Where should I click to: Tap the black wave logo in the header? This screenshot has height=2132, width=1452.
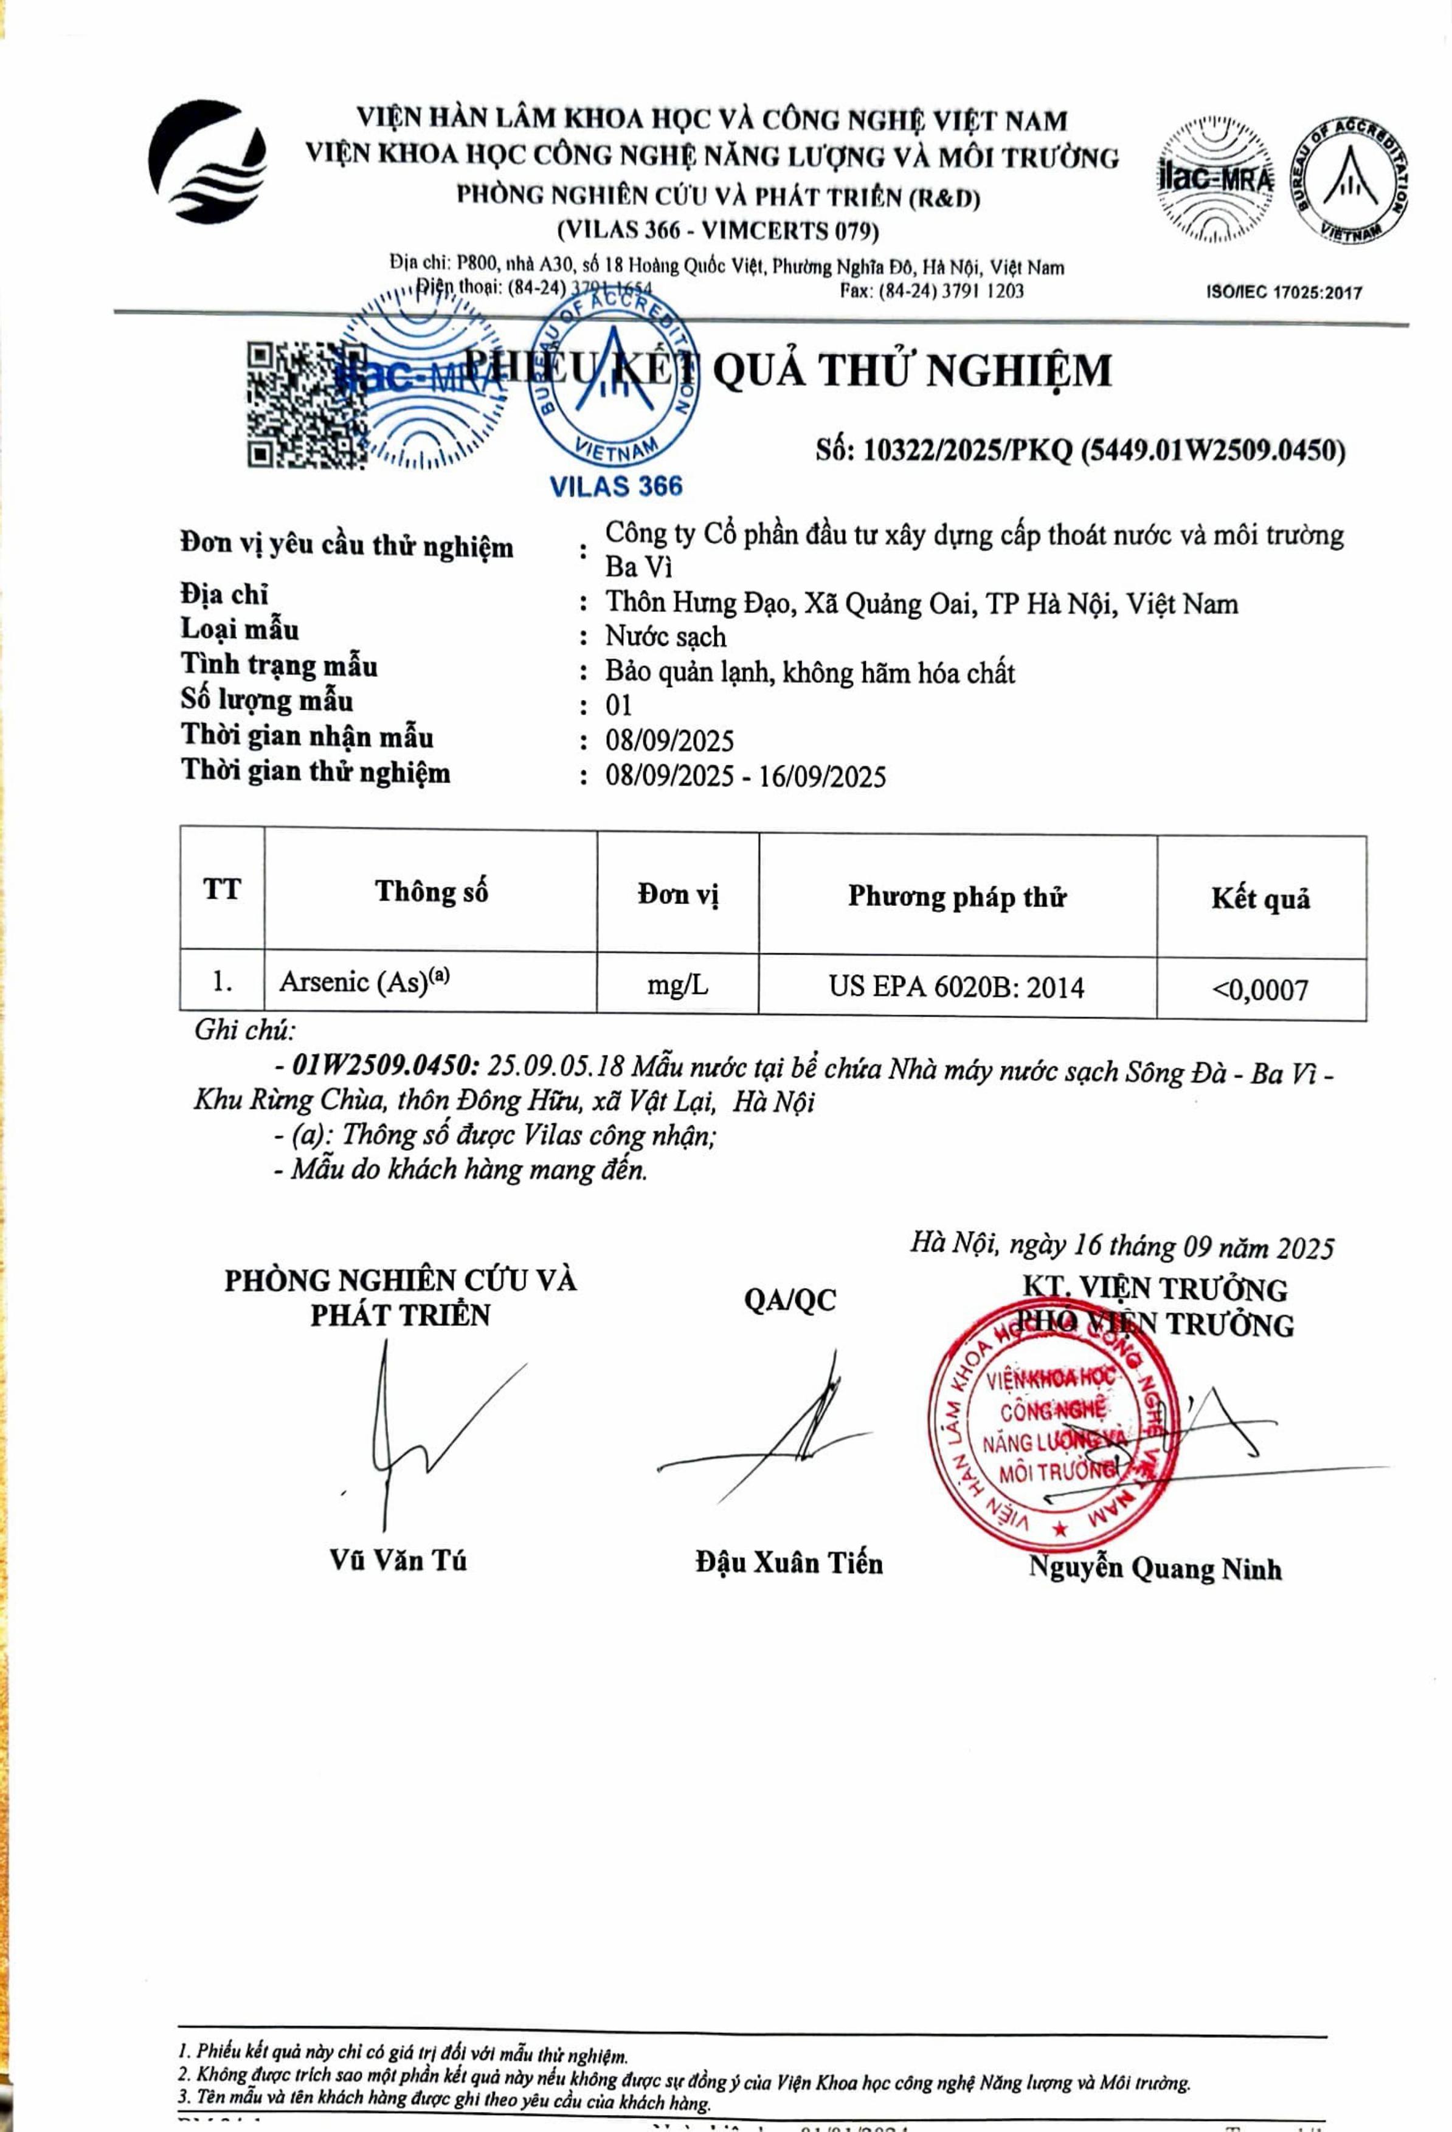[209, 162]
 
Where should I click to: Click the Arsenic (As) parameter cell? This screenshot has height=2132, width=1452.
[364, 982]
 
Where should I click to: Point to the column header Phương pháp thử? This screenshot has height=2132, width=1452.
[956, 896]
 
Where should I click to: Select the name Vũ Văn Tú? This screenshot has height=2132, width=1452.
[398, 1560]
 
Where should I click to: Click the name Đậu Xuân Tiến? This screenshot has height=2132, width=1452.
[789, 1562]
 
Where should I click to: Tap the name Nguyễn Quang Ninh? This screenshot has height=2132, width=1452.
[1153, 1568]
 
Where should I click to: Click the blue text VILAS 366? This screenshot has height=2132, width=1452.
[616, 485]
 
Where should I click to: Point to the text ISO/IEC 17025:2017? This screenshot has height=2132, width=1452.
[1283, 293]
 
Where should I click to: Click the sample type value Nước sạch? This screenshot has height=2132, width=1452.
[665, 637]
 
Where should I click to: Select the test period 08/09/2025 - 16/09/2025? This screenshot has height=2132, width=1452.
[745, 777]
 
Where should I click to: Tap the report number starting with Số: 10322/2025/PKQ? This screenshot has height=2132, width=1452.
[1080, 450]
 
